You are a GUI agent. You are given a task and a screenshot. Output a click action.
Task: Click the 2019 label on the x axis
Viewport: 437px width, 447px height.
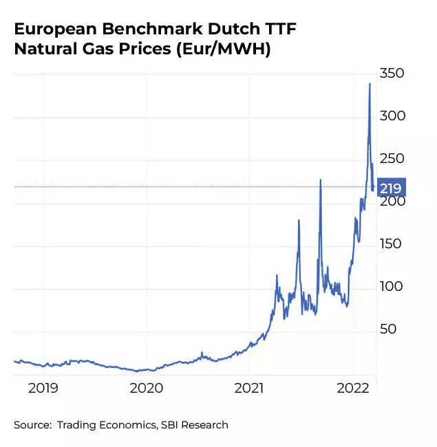[43, 388]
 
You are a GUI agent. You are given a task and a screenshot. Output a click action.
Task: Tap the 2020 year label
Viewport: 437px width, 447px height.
[146, 388]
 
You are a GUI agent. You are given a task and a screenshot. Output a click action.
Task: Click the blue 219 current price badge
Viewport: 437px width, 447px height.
[391, 187]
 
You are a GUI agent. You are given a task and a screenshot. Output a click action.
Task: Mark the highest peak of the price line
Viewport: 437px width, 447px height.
[370, 84]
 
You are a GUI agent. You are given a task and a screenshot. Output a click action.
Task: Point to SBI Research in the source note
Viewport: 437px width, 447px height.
[195, 425]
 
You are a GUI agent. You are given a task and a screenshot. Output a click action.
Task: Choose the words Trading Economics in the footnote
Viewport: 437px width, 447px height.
[107, 425]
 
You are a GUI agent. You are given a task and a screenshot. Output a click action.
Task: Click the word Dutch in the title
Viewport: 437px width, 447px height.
[224, 30]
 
